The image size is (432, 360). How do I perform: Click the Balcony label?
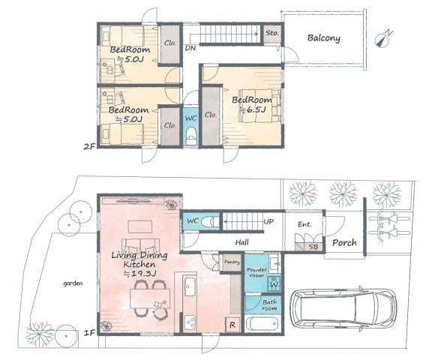323,38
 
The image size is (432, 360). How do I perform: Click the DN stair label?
190,48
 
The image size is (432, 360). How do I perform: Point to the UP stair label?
268,222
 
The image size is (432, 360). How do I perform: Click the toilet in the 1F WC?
212,221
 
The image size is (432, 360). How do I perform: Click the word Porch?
344,242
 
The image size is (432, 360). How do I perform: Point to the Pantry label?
231,262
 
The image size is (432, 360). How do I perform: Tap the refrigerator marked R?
232,325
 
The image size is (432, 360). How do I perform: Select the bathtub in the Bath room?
262,325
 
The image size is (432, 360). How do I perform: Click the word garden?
73,283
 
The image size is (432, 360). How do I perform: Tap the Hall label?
241,242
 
